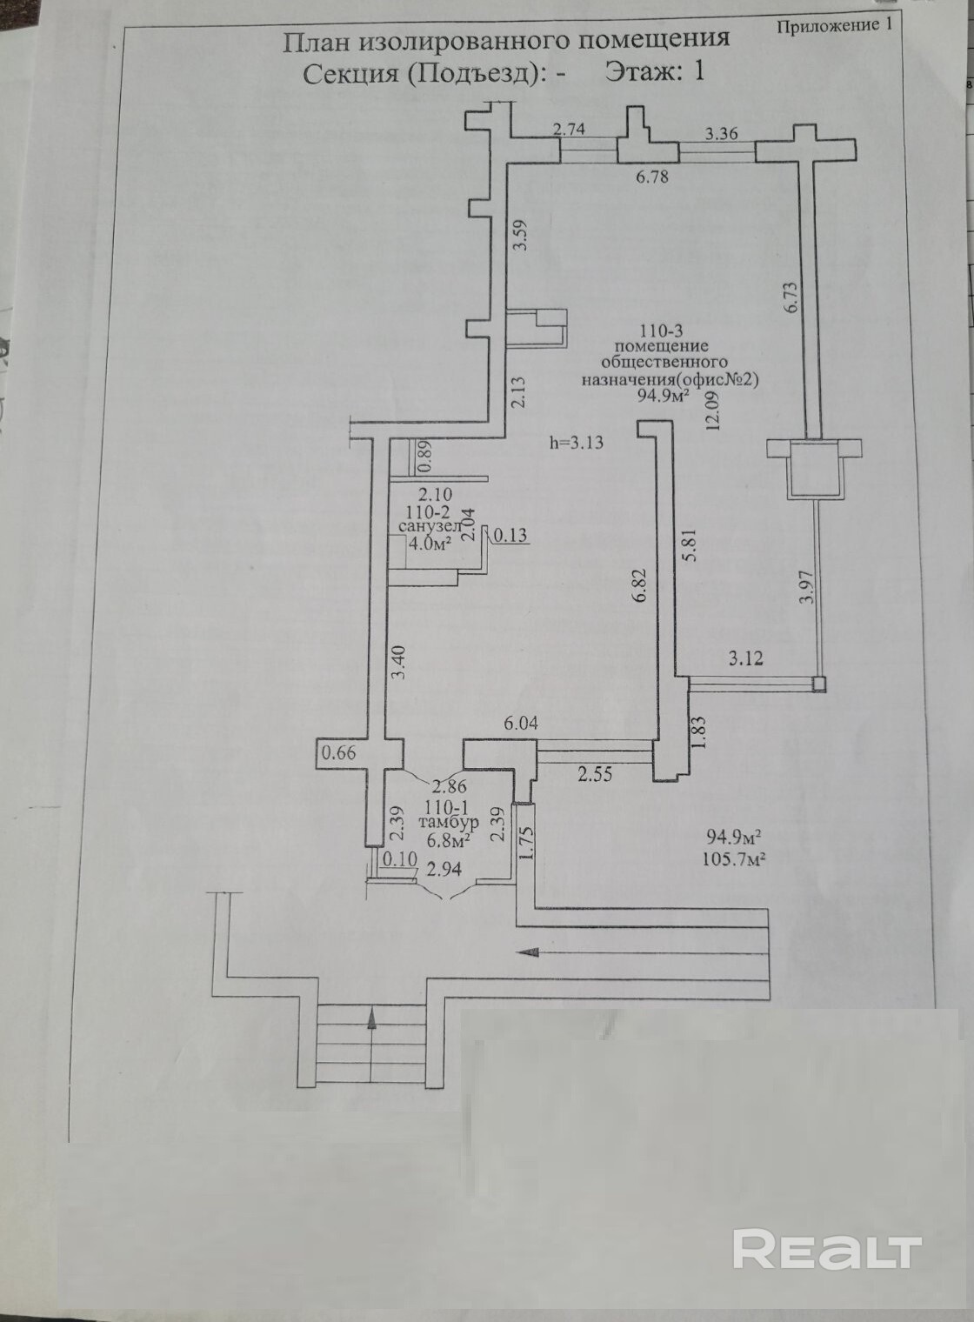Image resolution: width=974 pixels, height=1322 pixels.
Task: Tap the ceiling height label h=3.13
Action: tap(577, 442)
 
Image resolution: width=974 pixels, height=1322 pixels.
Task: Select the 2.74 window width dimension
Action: tap(569, 130)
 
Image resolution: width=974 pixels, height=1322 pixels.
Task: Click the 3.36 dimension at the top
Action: tap(722, 134)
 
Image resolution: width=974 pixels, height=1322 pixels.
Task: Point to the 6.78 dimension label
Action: tap(651, 177)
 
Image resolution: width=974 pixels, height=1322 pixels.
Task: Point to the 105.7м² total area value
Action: tap(734, 859)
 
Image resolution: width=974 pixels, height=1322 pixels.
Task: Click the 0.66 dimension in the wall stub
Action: tap(340, 754)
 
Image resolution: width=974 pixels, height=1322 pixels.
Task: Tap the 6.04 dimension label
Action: tap(520, 724)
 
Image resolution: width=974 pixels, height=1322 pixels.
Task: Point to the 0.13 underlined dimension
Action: tap(510, 535)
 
